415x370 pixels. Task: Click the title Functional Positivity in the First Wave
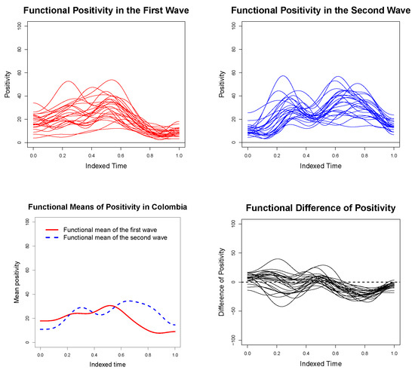[x=106, y=11]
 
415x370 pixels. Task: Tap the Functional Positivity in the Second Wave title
[x=321, y=11]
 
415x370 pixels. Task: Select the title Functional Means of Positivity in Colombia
[x=107, y=207]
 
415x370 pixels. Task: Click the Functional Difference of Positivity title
[x=321, y=208]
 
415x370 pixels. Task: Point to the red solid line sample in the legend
[x=52, y=230]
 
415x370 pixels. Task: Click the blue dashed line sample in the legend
[x=52, y=238]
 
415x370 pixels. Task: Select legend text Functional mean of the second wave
[x=115, y=237]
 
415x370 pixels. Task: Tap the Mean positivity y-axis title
[x=17, y=282]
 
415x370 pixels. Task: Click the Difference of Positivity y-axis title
[x=222, y=282]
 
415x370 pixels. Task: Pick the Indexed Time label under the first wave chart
[x=106, y=166]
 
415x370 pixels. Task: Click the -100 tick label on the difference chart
[x=233, y=340]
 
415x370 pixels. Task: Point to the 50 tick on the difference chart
[x=233, y=253]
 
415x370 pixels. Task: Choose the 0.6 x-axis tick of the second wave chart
[x=335, y=156]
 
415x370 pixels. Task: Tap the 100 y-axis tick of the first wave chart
[x=19, y=26]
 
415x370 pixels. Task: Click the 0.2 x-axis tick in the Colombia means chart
[x=67, y=355]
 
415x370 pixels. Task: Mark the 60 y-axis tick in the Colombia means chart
[x=26, y=270]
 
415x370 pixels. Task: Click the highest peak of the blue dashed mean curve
[x=130, y=301]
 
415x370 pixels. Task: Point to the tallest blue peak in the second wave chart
[x=284, y=76]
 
